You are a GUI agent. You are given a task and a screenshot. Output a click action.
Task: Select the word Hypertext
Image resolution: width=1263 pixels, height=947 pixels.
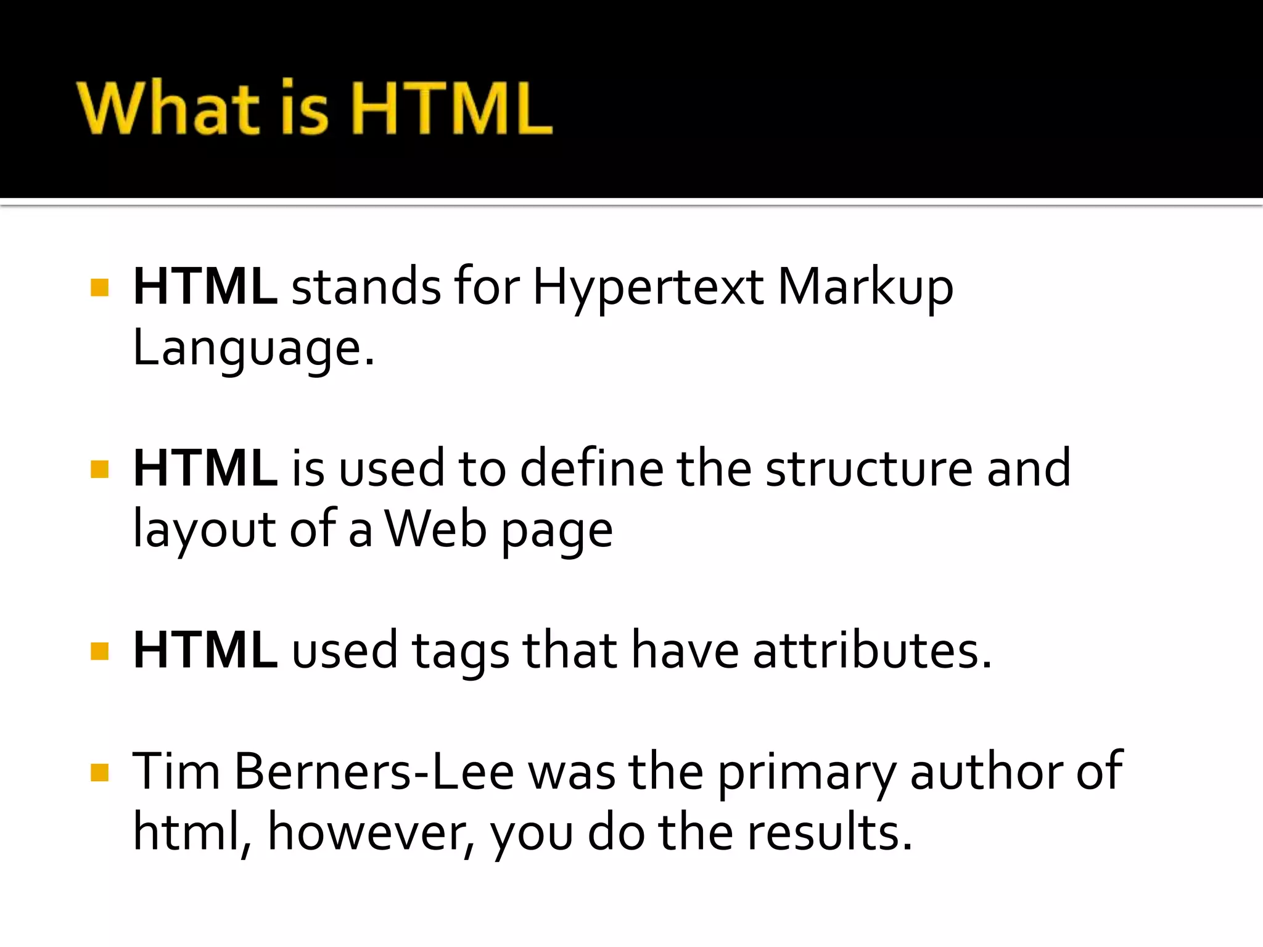click(x=648, y=287)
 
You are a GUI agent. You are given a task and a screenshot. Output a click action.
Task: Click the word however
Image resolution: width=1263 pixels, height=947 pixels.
click(x=371, y=832)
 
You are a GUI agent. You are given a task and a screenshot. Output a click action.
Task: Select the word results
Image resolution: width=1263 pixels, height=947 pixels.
click(x=829, y=832)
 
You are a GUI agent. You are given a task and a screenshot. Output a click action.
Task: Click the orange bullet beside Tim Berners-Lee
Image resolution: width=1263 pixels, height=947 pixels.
click(x=99, y=773)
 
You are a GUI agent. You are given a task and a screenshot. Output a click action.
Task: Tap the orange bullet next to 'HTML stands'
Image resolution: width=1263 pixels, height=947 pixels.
click(x=99, y=288)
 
